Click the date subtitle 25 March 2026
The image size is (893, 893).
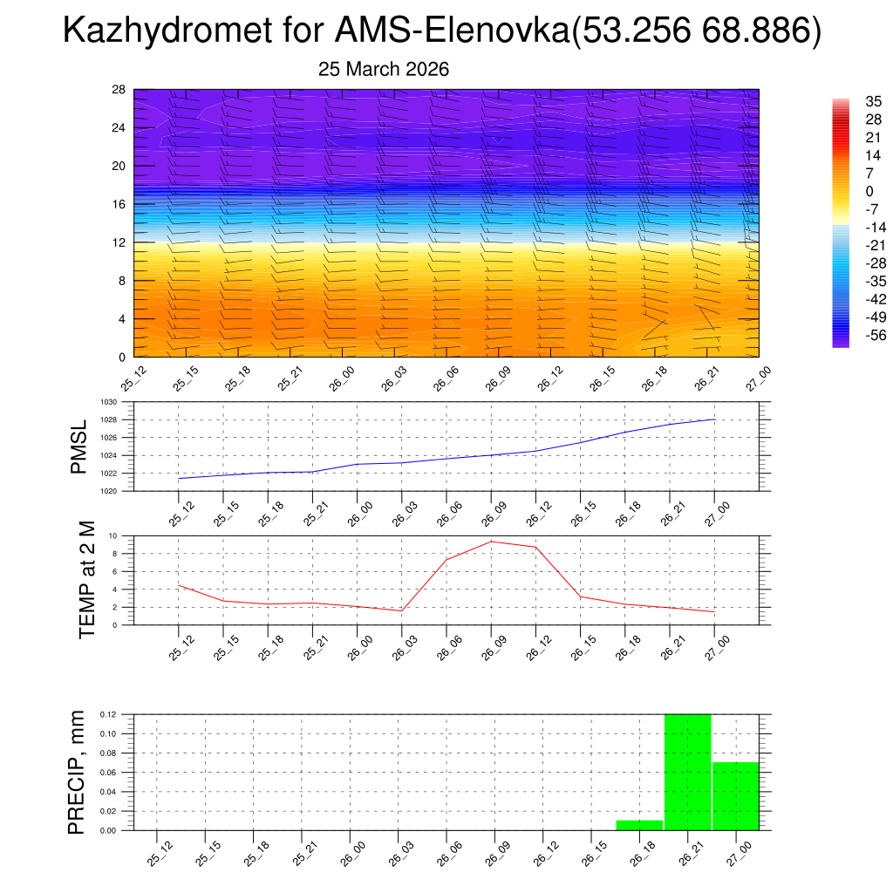[x=384, y=70]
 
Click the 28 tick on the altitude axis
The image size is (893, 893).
[x=119, y=90]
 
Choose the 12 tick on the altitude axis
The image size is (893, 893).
[x=119, y=242]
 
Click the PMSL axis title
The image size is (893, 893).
[x=78, y=446]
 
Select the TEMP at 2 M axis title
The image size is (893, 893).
[x=87, y=580]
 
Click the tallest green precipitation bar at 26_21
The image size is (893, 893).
[x=688, y=772]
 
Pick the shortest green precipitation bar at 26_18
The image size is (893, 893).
[x=639, y=825]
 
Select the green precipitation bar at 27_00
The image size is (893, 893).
[x=736, y=796]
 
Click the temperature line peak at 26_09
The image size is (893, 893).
[x=491, y=542]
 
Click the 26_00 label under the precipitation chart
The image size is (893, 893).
[x=353, y=852]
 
